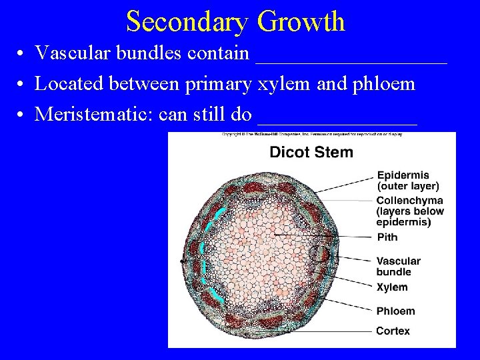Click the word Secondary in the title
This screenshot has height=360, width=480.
coord(187,21)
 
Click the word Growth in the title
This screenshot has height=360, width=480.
coord(301,21)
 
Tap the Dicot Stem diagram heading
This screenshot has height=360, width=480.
coord(311,152)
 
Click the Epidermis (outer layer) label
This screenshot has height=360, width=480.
coord(407,181)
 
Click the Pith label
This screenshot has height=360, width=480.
coord(387,237)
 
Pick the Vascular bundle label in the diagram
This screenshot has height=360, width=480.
coord(398,266)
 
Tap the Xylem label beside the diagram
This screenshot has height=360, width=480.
coord(391,287)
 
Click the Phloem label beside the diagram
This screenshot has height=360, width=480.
coord(395,311)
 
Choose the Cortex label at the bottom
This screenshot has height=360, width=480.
coord(393,331)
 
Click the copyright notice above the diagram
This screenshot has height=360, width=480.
coord(311,135)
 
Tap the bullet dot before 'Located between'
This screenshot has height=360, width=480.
coord(22,85)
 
